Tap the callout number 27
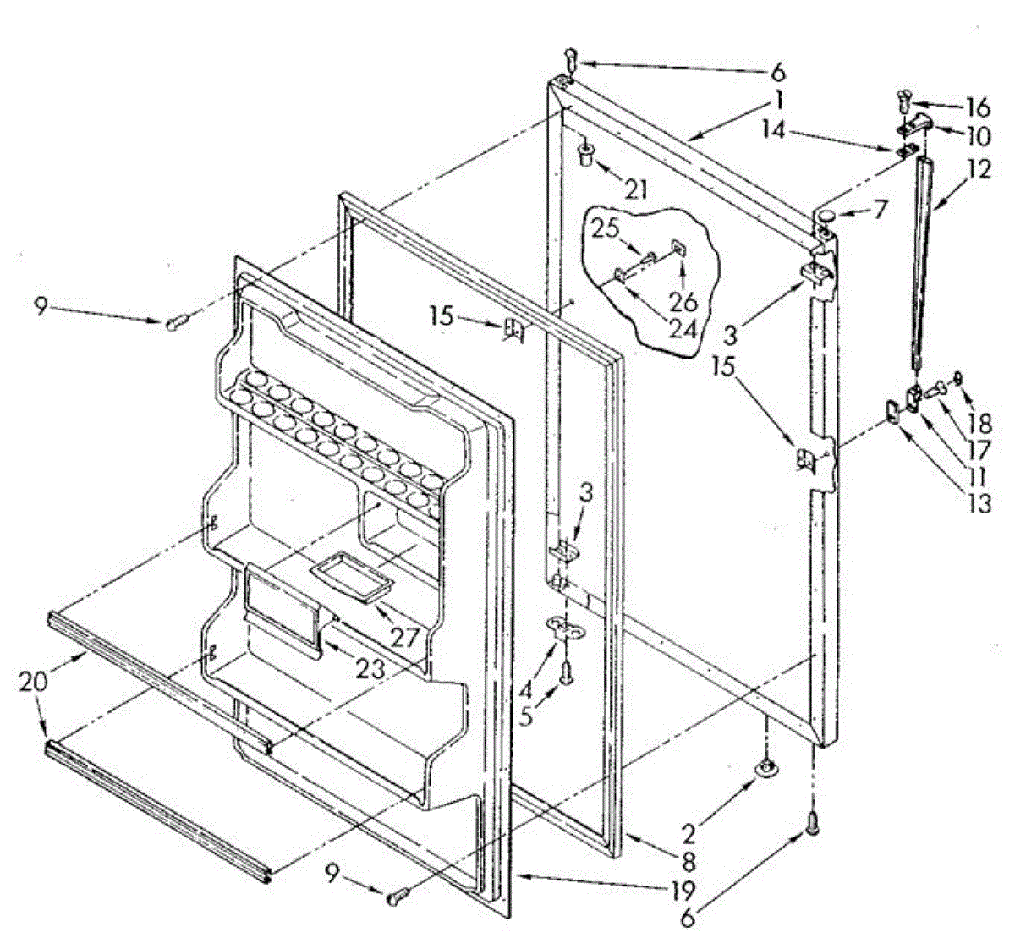point(405,636)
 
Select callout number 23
point(370,667)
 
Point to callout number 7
point(881,210)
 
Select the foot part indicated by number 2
point(767,766)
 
